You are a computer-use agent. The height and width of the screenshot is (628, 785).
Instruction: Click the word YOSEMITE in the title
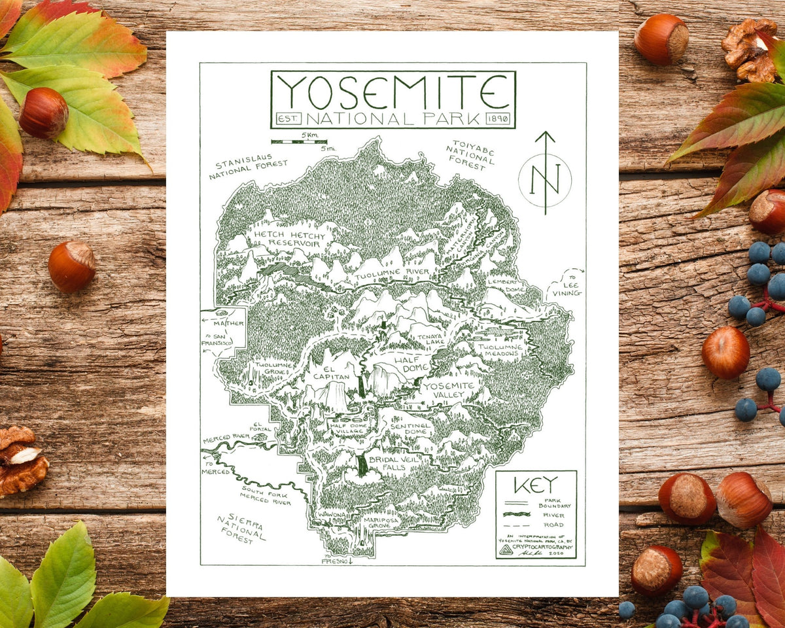393,92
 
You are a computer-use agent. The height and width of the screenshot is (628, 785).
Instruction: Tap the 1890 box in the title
500,119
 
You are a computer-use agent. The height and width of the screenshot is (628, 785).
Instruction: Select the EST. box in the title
288,119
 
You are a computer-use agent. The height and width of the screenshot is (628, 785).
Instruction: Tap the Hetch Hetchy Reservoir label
287,239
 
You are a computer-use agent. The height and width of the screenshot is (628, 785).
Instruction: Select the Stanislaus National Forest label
248,168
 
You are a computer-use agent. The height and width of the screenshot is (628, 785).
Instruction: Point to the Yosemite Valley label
449,390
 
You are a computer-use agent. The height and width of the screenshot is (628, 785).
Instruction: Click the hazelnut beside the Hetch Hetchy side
71,266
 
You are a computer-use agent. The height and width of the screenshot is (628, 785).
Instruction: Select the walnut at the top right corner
751,49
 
